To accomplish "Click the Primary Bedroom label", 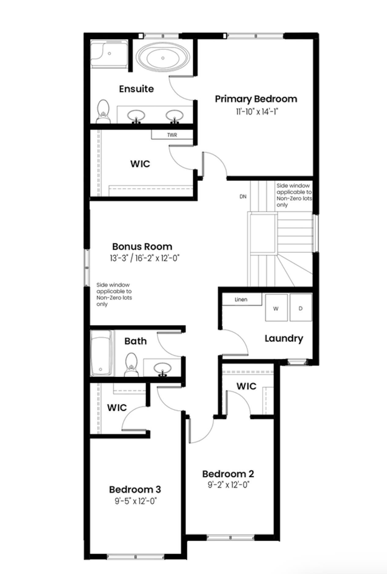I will click(256, 99).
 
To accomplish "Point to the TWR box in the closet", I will click(172, 135).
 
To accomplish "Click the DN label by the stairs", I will click(243, 196).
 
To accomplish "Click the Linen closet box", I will click(241, 299).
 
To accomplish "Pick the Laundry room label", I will click(284, 338).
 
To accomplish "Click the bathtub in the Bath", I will click(101, 353).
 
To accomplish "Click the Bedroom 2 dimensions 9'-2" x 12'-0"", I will click(228, 485).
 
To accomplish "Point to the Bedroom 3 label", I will click(135, 489).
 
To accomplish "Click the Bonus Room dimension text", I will click(144, 258).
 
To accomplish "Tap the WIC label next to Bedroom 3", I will click(117, 408).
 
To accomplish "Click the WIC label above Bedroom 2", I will click(246, 386).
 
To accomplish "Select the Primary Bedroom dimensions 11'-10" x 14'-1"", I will click(256, 112).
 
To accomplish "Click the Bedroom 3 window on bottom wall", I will click(136, 557).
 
